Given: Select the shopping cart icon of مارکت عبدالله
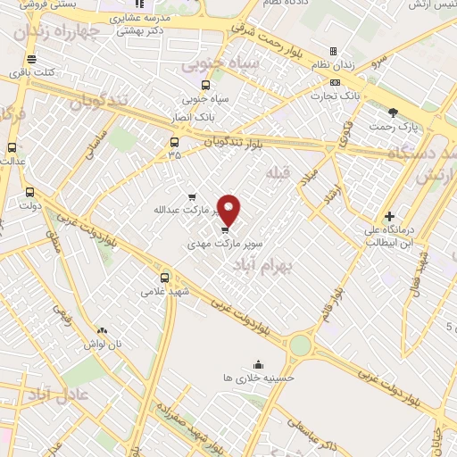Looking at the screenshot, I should pos(192,197).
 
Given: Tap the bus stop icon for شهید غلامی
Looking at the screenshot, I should pos(164,277).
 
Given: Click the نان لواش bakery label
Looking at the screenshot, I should pos(103,344).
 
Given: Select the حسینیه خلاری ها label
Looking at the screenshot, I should pos(258,378).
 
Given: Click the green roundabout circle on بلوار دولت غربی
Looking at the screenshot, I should pos(301,345).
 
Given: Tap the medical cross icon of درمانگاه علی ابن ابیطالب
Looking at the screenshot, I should pos(389,216).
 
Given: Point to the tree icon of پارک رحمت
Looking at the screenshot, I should pos(394,112).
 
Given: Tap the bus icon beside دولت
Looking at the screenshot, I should pos(30,191).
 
